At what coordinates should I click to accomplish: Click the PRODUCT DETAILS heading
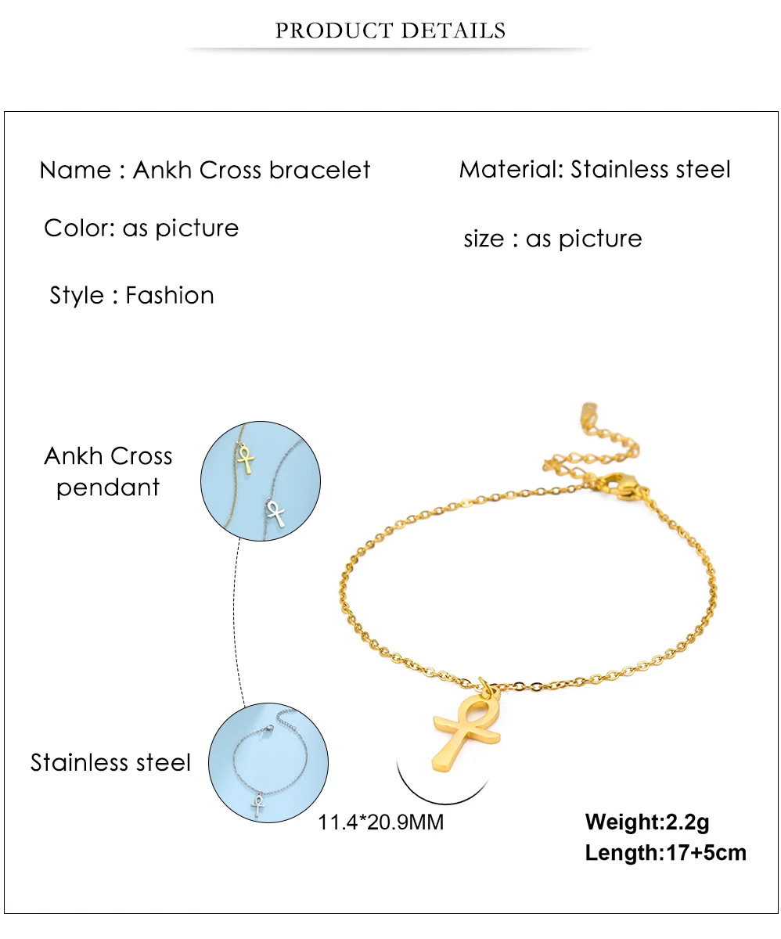[x=390, y=31]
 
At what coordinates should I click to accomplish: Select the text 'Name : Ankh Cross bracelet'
[x=205, y=170]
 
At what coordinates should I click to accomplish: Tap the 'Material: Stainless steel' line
[x=595, y=169]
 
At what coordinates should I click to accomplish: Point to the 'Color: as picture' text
[x=142, y=228]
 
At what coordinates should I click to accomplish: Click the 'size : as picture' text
[x=552, y=239]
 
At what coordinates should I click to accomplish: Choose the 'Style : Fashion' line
[x=131, y=295]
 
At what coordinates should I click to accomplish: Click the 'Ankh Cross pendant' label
[x=108, y=471]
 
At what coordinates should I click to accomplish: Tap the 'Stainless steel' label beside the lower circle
[x=110, y=762]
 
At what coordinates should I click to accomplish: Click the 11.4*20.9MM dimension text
[x=381, y=822]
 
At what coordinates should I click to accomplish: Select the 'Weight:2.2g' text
[x=647, y=822]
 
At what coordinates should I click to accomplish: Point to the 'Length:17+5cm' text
[x=665, y=852]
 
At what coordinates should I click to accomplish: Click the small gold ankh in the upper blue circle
[x=246, y=459]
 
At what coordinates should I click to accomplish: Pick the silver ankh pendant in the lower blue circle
[x=257, y=805]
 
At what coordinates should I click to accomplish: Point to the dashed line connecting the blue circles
[x=239, y=618]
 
